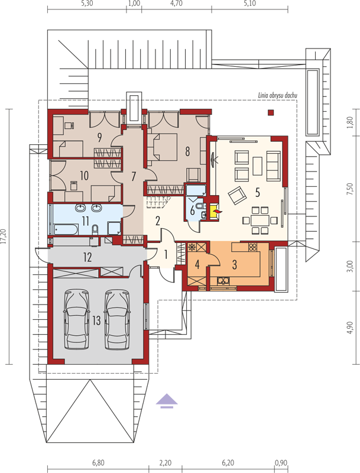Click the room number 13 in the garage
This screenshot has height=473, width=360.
[x=96, y=320]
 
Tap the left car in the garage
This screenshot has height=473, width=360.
[x=77, y=319]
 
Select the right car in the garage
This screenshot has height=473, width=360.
[x=117, y=319]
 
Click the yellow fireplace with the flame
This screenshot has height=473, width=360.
[x=215, y=211]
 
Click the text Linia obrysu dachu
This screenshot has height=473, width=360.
[x=277, y=96]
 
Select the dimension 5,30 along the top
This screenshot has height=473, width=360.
[x=87, y=4]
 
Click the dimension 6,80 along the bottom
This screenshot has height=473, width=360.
[x=98, y=462]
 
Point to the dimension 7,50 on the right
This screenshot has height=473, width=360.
[x=350, y=189]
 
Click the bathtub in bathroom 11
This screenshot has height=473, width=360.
[x=66, y=229]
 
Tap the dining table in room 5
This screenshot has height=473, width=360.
[x=260, y=220]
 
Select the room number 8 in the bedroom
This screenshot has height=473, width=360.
[x=187, y=151]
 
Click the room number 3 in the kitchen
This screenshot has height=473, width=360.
[x=235, y=264]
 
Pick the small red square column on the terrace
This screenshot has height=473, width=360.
[x=271, y=112]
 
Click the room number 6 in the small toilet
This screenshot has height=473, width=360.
[x=192, y=210]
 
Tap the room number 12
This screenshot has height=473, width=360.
[x=87, y=257]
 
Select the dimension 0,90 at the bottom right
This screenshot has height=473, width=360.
[x=281, y=462]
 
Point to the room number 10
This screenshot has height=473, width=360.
[x=85, y=175]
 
